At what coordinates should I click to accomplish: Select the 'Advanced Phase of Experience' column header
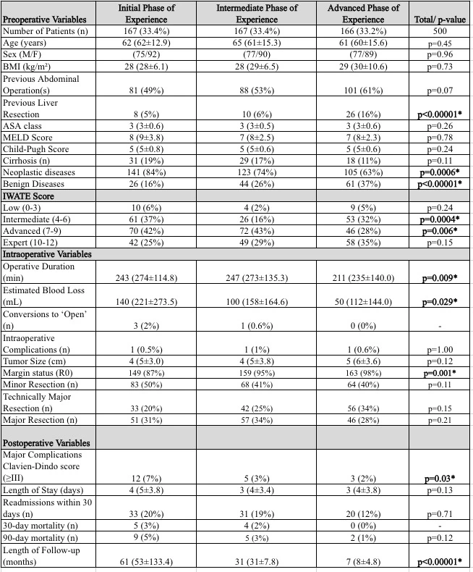pyautogui.click(x=364, y=13)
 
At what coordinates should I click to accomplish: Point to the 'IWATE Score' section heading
pyautogui.click(x=30, y=195)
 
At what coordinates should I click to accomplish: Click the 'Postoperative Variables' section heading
pyautogui.click(x=48, y=442)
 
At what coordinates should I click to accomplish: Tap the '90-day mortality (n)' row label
pyautogui.click(x=43, y=539)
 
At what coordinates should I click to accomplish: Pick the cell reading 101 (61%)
pyautogui.click(x=364, y=90)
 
